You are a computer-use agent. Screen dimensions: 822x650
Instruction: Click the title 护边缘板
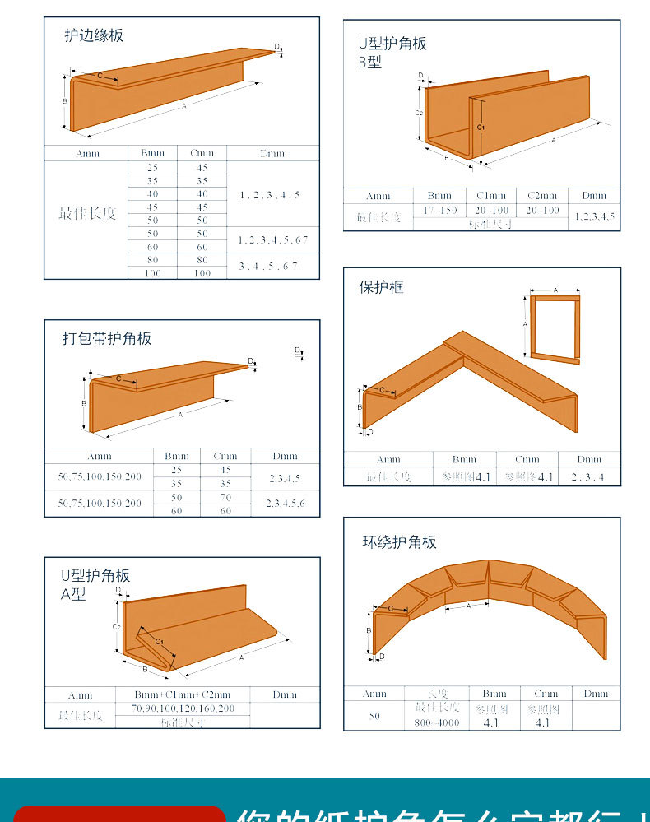(x=94, y=35)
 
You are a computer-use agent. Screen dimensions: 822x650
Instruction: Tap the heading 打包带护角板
(x=107, y=338)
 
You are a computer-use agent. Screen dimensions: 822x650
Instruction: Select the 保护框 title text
(x=381, y=287)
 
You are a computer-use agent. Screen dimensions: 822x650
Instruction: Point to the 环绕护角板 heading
(x=399, y=541)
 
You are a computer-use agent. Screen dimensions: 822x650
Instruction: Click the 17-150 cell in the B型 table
(x=439, y=211)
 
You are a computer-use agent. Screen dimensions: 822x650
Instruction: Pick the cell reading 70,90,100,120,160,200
(x=182, y=708)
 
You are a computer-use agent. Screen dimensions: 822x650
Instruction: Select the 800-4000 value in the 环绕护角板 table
(x=437, y=723)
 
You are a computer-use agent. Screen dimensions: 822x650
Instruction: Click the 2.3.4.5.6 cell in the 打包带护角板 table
(x=285, y=503)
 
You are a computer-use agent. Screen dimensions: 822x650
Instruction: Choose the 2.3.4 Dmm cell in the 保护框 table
(x=588, y=477)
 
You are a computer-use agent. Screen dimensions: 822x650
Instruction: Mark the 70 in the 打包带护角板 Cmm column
(x=225, y=497)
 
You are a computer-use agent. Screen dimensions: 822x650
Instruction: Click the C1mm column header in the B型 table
(x=492, y=196)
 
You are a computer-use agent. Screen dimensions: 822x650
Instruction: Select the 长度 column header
(x=436, y=694)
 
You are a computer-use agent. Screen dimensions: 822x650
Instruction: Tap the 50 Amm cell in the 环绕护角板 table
(x=374, y=716)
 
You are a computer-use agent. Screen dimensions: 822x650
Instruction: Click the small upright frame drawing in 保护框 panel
(x=555, y=327)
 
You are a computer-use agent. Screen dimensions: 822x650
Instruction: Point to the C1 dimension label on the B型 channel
(x=481, y=128)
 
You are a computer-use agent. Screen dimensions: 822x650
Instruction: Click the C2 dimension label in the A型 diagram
(x=116, y=627)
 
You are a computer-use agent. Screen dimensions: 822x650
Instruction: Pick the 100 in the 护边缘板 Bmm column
(x=152, y=273)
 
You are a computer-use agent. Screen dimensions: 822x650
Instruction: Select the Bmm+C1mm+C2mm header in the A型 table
(x=182, y=694)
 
